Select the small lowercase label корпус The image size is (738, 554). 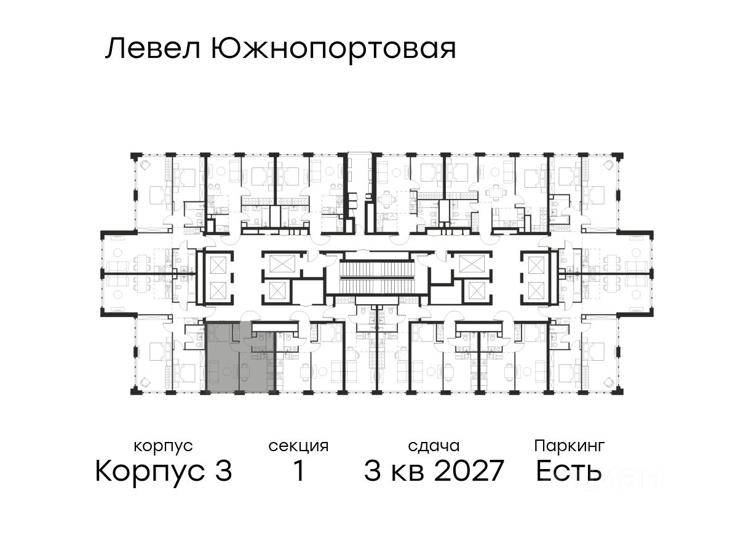point(163,446)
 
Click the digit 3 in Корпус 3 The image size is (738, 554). point(224,472)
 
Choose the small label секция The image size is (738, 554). point(298,446)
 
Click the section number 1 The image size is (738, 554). point(299,472)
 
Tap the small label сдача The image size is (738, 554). point(434,446)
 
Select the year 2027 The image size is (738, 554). point(468,472)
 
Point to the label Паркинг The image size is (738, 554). point(569,446)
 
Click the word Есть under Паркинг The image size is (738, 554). point(568,472)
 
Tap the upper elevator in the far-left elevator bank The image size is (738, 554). point(218,265)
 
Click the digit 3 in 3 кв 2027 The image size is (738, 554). point(372,472)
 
